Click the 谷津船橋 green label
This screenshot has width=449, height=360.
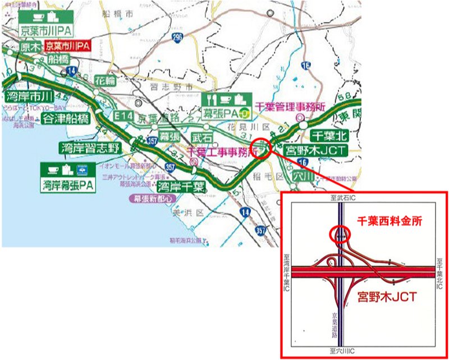click(x=66, y=119)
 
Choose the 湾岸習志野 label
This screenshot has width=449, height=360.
click(x=90, y=148)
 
